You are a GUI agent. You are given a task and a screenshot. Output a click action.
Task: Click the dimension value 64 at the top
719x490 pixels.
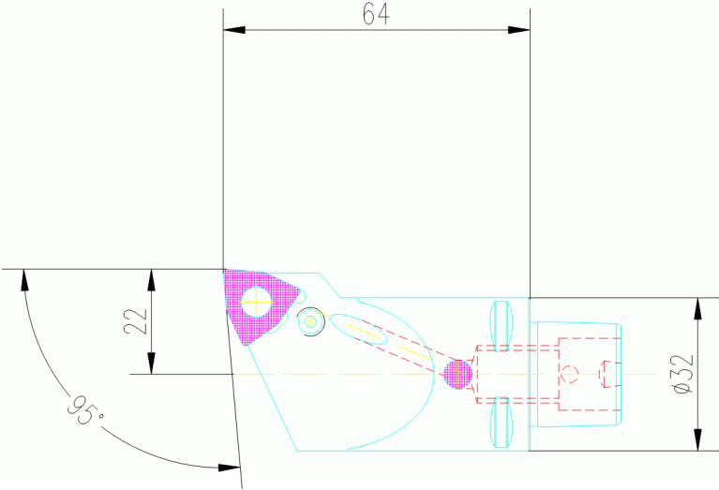(376, 14)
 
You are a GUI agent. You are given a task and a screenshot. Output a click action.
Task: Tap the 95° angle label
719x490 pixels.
(80, 409)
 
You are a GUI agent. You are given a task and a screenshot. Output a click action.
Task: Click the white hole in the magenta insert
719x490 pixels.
(256, 302)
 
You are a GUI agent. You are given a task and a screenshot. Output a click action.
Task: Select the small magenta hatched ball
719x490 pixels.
(457, 374)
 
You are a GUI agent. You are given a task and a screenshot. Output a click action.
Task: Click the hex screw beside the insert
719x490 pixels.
(311, 323)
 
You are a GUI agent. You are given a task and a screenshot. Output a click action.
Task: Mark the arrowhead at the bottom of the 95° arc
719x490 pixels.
(228, 466)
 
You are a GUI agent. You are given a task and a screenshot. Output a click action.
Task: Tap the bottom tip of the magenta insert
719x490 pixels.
(247, 344)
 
